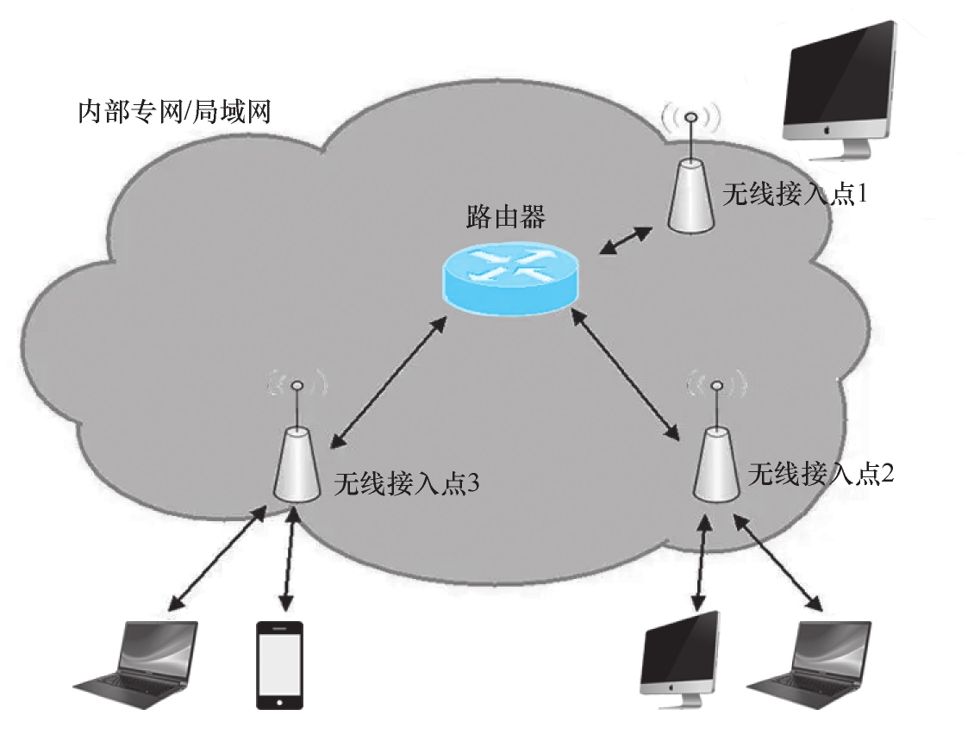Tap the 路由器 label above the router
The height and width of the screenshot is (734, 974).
(505, 216)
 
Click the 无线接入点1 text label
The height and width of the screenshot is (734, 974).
(794, 195)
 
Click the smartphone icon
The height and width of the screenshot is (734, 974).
(280, 664)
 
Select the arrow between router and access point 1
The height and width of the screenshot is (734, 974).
(627, 239)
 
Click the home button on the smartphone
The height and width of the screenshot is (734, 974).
(280, 700)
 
